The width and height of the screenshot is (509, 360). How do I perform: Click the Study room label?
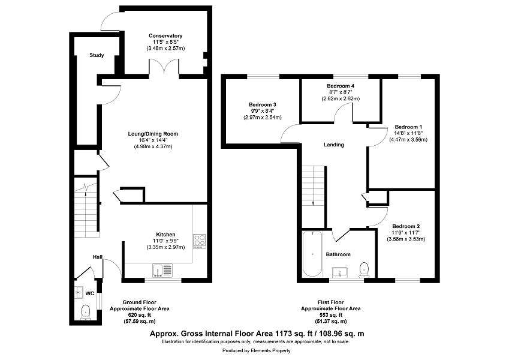tap(97, 55)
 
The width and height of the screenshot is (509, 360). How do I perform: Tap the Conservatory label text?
tap(165, 36)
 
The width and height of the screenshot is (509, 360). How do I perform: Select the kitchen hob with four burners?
tap(200, 241)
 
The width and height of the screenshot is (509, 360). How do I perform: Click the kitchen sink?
tap(162, 271)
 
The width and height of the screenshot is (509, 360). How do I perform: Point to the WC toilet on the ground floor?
tap(85, 311)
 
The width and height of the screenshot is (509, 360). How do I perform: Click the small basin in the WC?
tap(79, 292)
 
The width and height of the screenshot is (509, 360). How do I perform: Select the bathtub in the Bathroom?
tap(312, 254)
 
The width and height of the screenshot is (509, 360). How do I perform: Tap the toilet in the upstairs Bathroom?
tap(365, 269)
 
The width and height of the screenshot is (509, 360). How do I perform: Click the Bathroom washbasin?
tap(340, 272)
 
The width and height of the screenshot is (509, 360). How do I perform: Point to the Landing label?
tap(334, 145)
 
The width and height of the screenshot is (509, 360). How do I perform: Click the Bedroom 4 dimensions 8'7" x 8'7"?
tap(341, 92)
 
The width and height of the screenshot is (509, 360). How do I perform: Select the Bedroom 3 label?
tap(262, 104)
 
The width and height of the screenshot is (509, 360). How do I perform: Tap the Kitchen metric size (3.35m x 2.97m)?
tap(165, 247)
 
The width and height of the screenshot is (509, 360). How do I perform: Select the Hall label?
tap(98, 257)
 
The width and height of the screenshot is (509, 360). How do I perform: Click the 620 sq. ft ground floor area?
tap(140, 315)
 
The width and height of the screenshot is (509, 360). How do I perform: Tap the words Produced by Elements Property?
tap(257, 350)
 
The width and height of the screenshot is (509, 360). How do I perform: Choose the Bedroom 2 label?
tap(406, 226)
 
